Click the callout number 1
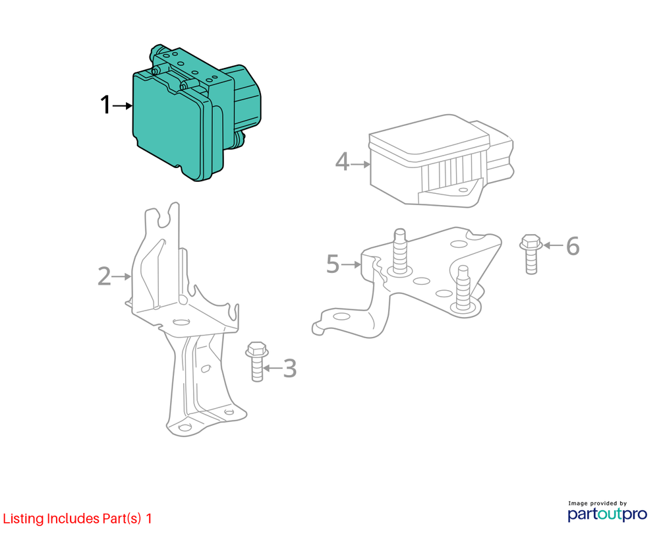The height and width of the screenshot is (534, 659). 105,105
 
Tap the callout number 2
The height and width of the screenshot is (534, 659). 104,277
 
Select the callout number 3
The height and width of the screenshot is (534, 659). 289,369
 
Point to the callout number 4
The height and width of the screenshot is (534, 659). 342,162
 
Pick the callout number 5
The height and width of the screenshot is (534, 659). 333,264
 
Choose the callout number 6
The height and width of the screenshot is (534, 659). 573,245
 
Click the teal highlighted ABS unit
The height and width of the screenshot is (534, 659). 196,113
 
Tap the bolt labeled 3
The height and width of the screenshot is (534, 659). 257,361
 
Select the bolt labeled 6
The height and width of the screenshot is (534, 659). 530,254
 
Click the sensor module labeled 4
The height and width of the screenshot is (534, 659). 442,161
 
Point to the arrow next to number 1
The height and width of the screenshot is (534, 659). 123,106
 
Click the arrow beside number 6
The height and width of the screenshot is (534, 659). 553,245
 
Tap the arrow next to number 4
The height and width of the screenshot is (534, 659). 360,164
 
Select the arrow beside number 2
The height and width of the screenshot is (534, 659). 122,277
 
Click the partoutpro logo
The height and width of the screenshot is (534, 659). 608,514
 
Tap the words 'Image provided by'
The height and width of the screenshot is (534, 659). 597,503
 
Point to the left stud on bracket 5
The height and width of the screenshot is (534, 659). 400,252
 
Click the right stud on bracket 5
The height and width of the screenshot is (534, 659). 463,289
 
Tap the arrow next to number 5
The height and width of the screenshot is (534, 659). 351,264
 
